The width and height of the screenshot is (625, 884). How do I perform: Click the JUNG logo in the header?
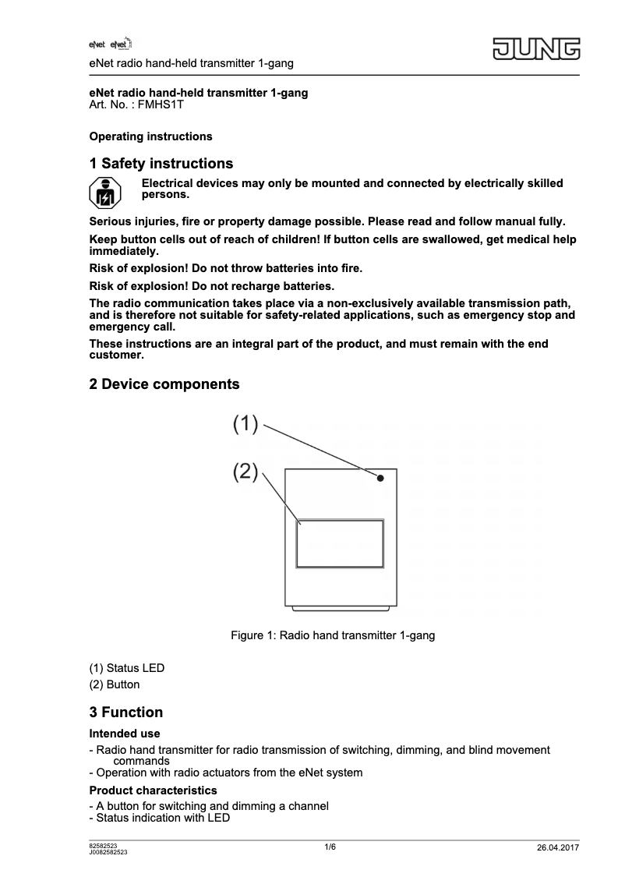tap(536, 49)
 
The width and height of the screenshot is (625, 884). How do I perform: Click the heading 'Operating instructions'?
tap(150, 136)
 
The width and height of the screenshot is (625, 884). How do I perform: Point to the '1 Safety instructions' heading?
tap(161, 164)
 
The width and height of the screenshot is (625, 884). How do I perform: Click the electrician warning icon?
tap(104, 194)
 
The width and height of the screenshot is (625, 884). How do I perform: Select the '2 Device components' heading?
tap(164, 384)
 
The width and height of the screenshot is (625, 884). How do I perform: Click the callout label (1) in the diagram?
tap(245, 424)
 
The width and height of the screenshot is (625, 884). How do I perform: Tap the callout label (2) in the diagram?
tap(245, 472)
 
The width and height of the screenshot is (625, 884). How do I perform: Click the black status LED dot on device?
tap(380, 479)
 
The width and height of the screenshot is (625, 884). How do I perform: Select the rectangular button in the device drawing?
tap(339, 543)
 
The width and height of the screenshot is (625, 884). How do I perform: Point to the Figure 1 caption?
tap(333, 635)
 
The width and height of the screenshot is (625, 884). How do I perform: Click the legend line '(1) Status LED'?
tap(127, 668)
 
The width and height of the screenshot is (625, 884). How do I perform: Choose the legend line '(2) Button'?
tap(115, 684)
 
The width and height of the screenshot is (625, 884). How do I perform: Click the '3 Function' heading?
tap(126, 713)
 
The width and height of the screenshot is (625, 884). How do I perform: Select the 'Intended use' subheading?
tap(125, 734)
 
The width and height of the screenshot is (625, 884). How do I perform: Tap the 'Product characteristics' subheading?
tap(153, 790)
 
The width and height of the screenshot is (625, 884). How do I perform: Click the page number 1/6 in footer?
tap(330, 847)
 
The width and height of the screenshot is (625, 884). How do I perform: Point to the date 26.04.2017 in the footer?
tap(558, 848)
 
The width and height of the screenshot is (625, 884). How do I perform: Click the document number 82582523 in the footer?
tap(104, 846)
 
